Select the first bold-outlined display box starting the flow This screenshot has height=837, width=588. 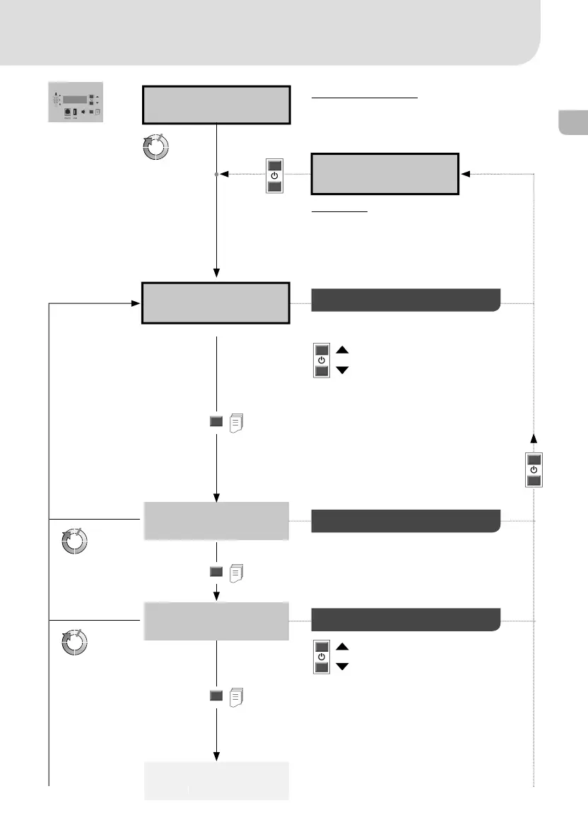pos(216,105)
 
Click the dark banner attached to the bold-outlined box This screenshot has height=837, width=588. pos(406,300)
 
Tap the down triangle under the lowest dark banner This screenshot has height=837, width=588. pos(342,667)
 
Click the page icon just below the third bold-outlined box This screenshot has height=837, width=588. pos(238,423)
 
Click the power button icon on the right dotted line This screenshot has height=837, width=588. pos(534,469)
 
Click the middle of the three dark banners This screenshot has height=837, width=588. pos(406,520)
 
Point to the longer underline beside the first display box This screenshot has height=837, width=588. pos(365,98)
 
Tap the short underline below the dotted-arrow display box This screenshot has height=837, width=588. pos(340,211)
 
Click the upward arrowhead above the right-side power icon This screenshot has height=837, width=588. pos(534,438)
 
